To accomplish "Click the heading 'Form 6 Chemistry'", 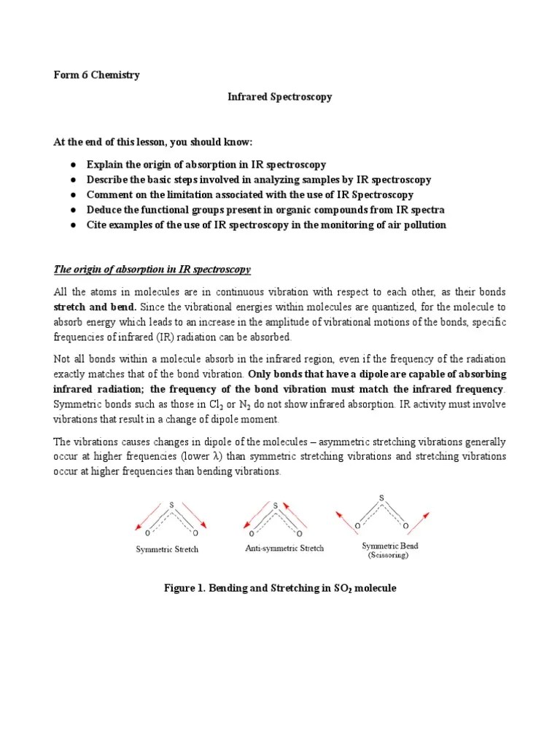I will tap(98, 75).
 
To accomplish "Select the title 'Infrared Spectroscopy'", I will tap(280, 97).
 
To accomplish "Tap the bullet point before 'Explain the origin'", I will tap(74, 165).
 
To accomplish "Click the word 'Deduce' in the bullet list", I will tap(104, 210).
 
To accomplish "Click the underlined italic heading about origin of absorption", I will tap(152, 270).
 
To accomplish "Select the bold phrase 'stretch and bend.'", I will tap(95, 306).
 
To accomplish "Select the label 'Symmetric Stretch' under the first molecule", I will tap(167, 549).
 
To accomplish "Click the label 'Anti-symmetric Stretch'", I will tap(284, 548).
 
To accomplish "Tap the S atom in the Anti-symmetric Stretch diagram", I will tap(275, 504).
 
